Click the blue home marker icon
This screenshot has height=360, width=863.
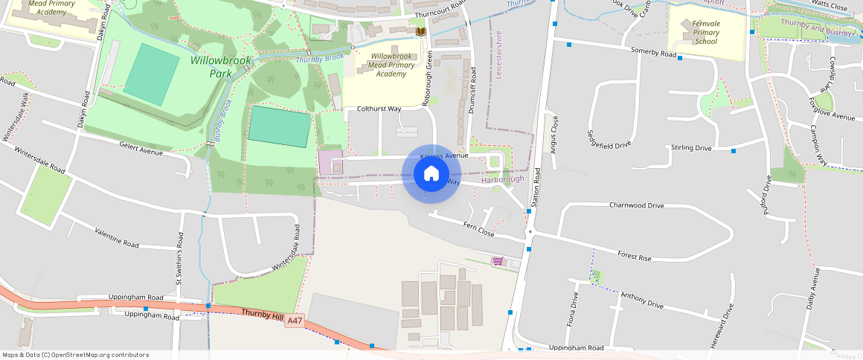point(431,174)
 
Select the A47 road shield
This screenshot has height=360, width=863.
point(295,321)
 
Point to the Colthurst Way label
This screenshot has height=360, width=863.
point(379,109)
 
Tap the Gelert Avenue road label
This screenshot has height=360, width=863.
point(140,152)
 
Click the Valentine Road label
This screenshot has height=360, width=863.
point(117,238)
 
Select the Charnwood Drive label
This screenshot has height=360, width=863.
point(636,205)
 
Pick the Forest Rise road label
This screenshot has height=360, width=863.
point(634,257)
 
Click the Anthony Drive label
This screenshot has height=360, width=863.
point(641,300)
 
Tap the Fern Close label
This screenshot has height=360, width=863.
point(478,228)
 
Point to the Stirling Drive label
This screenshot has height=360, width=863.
point(691,148)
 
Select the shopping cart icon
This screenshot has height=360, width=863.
point(497,261)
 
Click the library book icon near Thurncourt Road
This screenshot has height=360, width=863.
point(421,32)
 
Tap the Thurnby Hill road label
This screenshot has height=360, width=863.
point(263,315)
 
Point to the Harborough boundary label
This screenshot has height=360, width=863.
point(503,179)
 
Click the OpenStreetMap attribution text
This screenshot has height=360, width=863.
point(75,355)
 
